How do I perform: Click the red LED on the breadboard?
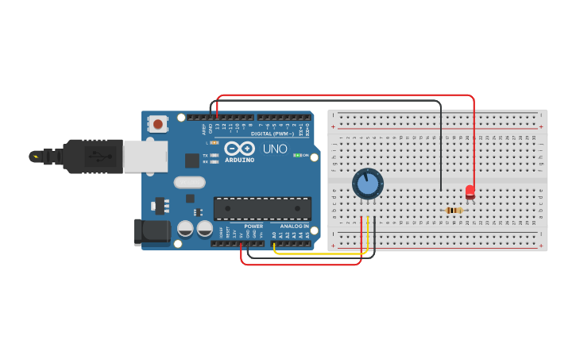pos(470,192)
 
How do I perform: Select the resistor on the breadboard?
pos(454,211)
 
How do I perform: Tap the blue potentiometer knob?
pos(368,184)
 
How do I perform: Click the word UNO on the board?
pos(275,149)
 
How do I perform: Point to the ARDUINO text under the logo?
pos(239,160)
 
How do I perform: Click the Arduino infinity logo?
pos(239,149)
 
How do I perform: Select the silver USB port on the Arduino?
pos(145,156)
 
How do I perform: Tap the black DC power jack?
pos(153,231)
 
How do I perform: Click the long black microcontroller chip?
pos(262,208)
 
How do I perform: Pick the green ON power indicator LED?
pos(297,155)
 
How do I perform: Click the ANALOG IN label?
pos(291,226)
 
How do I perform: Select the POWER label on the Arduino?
pos(253,226)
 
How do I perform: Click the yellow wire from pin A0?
pos(318,254)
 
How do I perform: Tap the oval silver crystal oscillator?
pos(190,182)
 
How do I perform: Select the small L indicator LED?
pos(215,142)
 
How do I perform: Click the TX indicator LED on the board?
pos(215,155)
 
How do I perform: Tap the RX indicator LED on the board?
pos(215,161)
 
